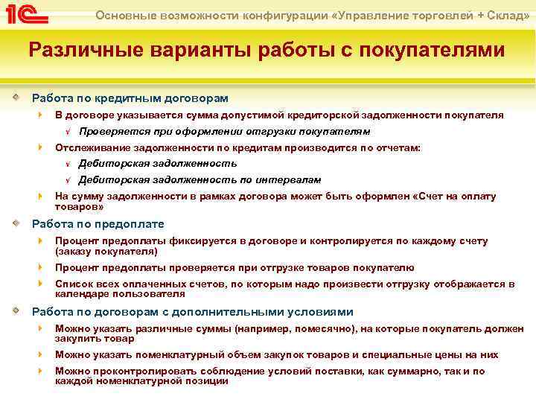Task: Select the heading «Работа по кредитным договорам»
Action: point(130,98)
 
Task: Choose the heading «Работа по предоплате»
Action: point(98,224)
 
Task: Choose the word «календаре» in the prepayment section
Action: point(80,294)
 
